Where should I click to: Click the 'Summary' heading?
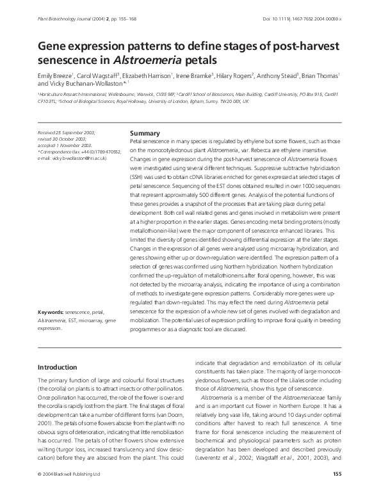145,133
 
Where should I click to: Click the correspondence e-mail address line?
72,157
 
